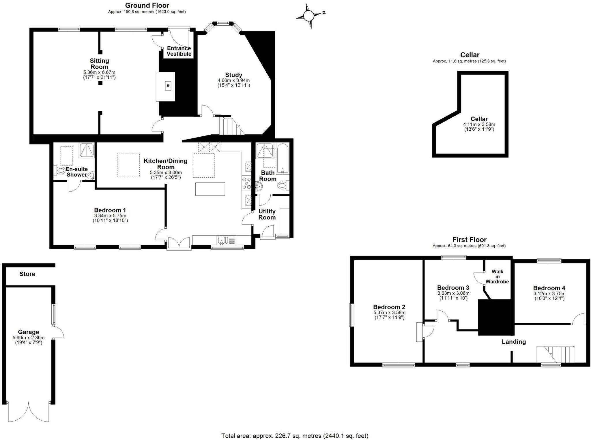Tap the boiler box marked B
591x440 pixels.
coord(168,86)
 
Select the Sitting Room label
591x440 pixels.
coord(99,64)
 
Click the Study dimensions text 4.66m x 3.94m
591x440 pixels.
coord(233,80)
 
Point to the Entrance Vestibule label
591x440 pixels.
coord(179,51)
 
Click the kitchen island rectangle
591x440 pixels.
coord(210,189)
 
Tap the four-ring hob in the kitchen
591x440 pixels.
coord(247,184)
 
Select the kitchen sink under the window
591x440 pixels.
coord(223,240)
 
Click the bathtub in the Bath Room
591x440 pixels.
coord(283,158)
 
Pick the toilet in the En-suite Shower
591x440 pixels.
coord(60,171)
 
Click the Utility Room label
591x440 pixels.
coord(267,214)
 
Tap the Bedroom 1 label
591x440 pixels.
coord(110,210)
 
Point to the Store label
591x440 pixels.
coord(27,274)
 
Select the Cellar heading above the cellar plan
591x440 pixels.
coord(470,55)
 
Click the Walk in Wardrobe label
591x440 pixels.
coord(497,277)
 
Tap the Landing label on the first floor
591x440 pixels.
coord(514,342)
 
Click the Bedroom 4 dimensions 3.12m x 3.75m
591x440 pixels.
coord(549,294)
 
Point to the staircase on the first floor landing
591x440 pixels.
coord(556,355)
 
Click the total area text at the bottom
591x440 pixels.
coord(295,436)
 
